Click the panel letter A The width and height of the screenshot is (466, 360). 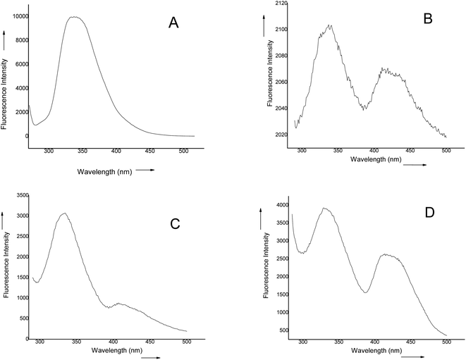point(173,23)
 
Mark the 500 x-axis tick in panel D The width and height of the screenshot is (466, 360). point(446,342)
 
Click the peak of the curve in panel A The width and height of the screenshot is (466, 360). point(74,18)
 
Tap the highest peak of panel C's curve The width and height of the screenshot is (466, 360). point(63,213)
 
